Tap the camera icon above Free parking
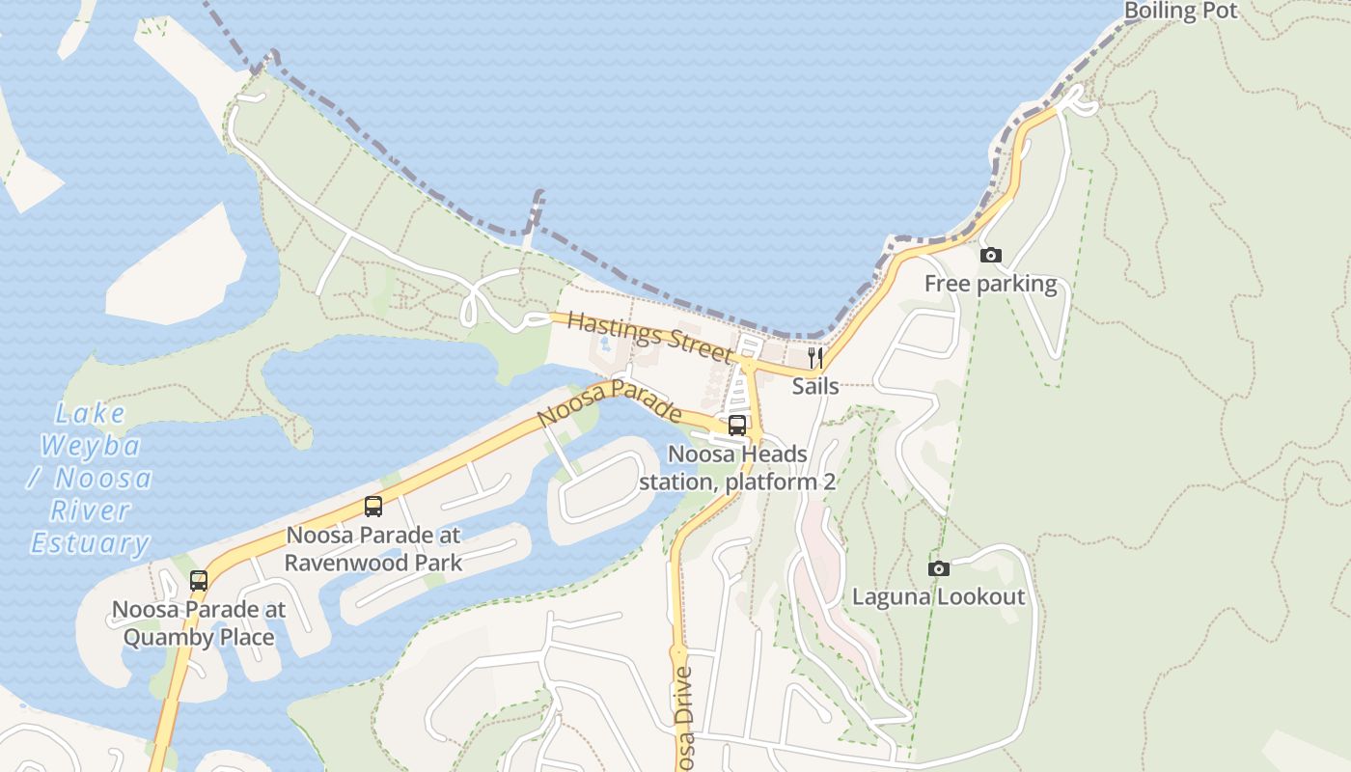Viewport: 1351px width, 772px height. [990, 256]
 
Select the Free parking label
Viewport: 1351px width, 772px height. [990, 284]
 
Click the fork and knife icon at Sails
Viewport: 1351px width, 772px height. [815, 358]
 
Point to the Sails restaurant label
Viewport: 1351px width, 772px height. [815, 386]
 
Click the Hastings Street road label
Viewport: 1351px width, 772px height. [649, 336]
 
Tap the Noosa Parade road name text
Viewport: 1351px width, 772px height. [609, 404]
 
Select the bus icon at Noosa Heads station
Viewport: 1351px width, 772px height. [737, 426]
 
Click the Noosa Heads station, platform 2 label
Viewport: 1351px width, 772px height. [737, 467]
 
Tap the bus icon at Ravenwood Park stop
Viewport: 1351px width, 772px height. [373, 506]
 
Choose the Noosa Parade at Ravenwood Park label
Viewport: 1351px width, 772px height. [373, 548]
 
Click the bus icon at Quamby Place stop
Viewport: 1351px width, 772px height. [199, 581]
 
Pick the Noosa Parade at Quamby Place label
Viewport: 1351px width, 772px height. [199, 623]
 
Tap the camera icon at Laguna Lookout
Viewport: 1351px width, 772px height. [938, 569]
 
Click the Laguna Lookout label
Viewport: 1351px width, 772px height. [938, 596]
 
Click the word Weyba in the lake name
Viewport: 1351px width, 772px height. [91, 446]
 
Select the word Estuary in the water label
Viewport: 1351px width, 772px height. [90, 542]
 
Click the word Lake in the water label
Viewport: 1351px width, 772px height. [90, 414]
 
